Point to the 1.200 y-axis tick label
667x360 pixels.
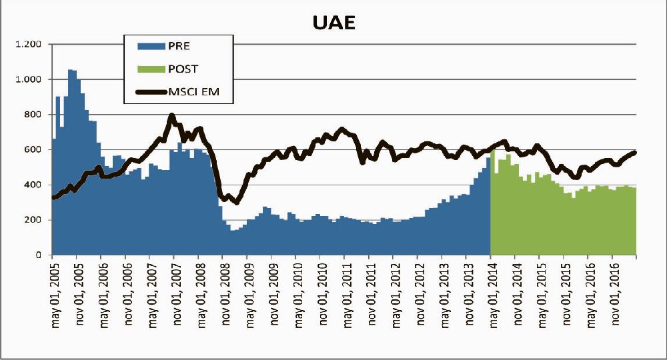[29, 45]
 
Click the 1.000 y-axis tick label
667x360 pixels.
[29, 79]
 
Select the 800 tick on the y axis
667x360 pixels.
[33, 115]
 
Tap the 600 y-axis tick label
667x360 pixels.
[33, 150]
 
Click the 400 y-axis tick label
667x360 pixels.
[33, 185]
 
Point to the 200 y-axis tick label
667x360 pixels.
[33, 220]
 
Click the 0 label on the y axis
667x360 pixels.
[39, 255]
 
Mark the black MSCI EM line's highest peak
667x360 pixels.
[172, 115]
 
